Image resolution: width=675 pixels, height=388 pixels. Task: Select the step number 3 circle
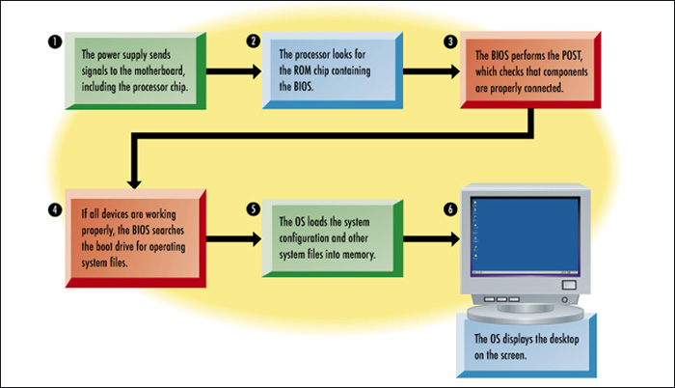point(450,42)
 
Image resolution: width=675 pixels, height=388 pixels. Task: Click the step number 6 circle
point(450,207)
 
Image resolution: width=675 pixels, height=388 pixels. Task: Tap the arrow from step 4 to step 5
point(231,236)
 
